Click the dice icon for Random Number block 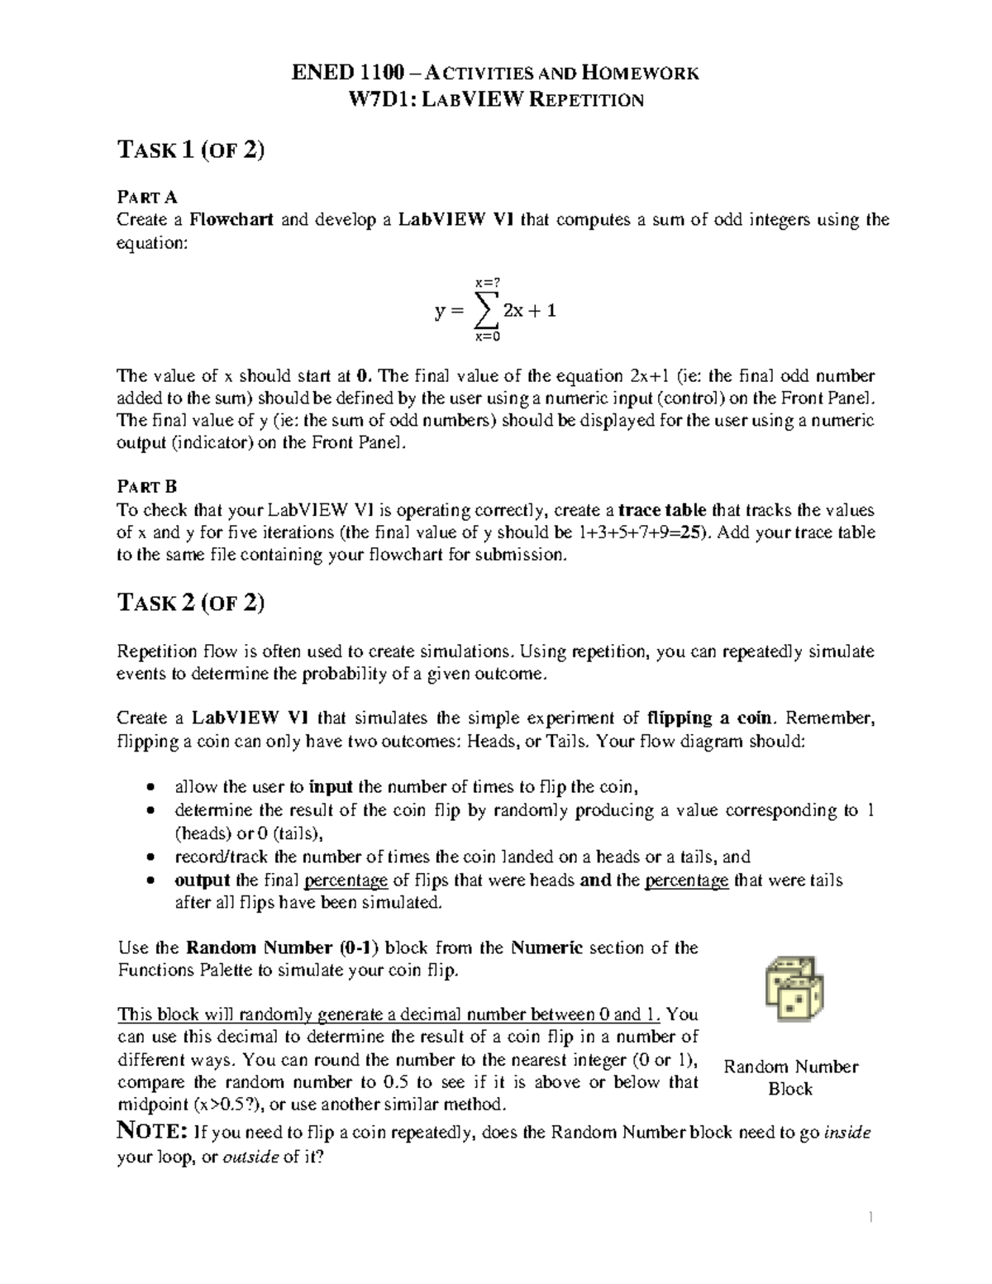[x=794, y=990]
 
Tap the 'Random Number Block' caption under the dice [x=790, y=1077]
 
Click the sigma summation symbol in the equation [x=488, y=312]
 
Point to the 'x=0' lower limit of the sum [x=488, y=337]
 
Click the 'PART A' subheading [x=147, y=197]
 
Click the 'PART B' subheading [x=147, y=486]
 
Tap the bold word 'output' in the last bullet [x=202, y=881]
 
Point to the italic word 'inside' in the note [x=847, y=1133]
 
